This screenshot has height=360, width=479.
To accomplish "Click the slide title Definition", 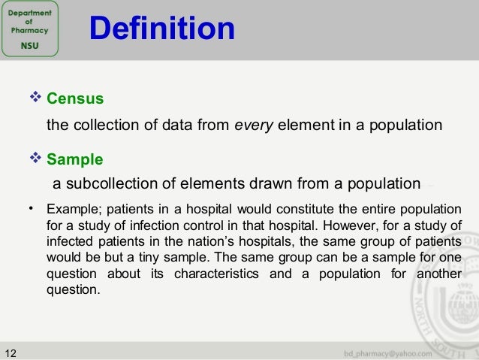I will coord(161,29).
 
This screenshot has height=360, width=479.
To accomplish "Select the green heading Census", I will coord(74,98).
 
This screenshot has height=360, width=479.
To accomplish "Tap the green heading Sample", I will coord(74,160).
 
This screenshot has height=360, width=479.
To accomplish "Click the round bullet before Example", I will coord(32,207).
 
